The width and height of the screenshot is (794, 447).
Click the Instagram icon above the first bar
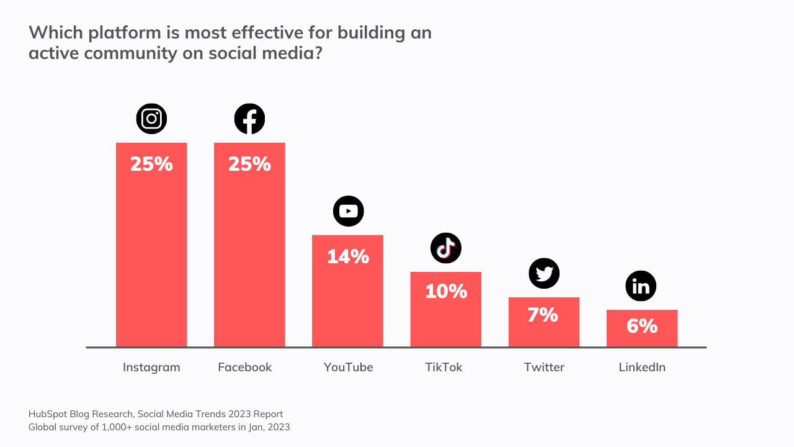click(x=151, y=119)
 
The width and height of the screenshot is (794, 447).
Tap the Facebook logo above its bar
click(x=249, y=119)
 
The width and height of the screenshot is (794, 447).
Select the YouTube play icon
click(x=348, y=211)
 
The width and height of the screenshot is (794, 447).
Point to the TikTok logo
click(x=446, y=248)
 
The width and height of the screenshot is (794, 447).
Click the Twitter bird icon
click(x=544, y=273)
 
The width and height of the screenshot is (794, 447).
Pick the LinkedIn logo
click(x=641, y=286)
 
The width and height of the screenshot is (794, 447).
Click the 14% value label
click(x=348, y=256)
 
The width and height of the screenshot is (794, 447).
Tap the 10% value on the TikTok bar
click(x=446, y=291)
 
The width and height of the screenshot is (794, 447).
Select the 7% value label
click(x=543, y=315)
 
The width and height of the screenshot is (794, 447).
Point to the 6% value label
click(x=641, y=326)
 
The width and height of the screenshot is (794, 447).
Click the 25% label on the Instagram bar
click(x=151, y=164)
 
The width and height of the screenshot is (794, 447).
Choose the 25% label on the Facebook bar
click(x=249, y=164)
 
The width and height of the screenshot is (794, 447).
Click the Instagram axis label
click(x=151, y=367)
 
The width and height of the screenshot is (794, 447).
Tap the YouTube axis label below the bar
click(x=348, y=367)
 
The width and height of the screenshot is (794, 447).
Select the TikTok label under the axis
click(x=444, y=367)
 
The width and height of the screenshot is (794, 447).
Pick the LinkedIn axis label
click(x=642, y=367)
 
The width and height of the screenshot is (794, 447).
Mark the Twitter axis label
click(x=544, y=367)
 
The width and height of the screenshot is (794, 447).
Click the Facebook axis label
click(x=245, y=367)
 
